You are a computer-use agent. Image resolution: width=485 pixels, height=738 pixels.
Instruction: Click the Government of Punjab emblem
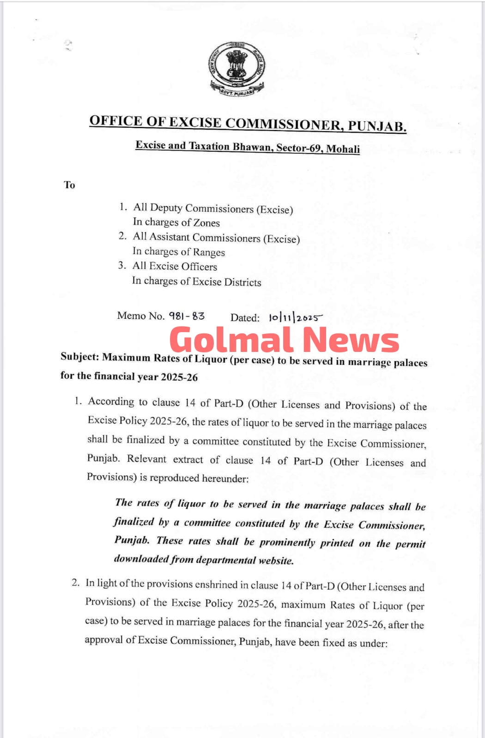236,69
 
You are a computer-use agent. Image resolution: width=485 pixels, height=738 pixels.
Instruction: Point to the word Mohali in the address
343,149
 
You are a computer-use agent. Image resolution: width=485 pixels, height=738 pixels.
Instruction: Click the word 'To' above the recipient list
69,185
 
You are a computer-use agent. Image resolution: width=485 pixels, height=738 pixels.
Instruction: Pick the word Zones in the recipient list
206,223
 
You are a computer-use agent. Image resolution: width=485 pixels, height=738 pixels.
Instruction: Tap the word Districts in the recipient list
242,282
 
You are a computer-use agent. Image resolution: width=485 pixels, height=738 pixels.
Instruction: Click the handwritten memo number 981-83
187,316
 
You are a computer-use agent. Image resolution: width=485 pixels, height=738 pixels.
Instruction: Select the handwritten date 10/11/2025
295,318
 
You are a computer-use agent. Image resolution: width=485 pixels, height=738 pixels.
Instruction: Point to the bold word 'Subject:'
79,357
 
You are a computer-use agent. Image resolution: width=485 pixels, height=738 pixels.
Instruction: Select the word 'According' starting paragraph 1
111,401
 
